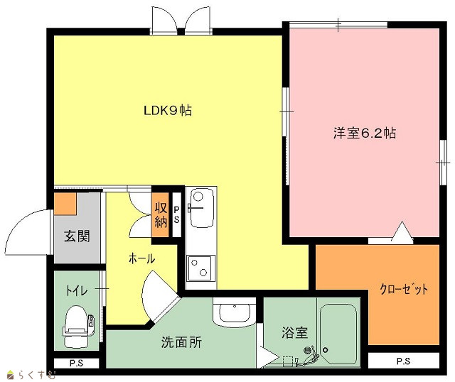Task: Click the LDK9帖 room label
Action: click(168, 111)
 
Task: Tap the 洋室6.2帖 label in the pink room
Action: click(365, 133)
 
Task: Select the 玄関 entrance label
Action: click(77, 236)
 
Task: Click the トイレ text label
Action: click(77, 290)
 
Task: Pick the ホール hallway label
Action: click(142, 258)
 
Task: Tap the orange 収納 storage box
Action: click(161, 214)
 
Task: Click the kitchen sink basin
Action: click(200, 207)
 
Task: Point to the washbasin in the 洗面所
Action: click(235, 312)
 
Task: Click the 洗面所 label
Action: click(181, 342)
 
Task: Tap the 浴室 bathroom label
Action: click(294, 333)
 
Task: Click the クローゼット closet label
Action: click(404, 289)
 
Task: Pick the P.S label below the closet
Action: click(403, 361)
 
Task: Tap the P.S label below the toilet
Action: click(76, 363)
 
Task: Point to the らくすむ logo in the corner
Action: click(31, 375)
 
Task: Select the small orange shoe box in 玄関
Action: click(65, 204)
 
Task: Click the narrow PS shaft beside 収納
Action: click(176, 214)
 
